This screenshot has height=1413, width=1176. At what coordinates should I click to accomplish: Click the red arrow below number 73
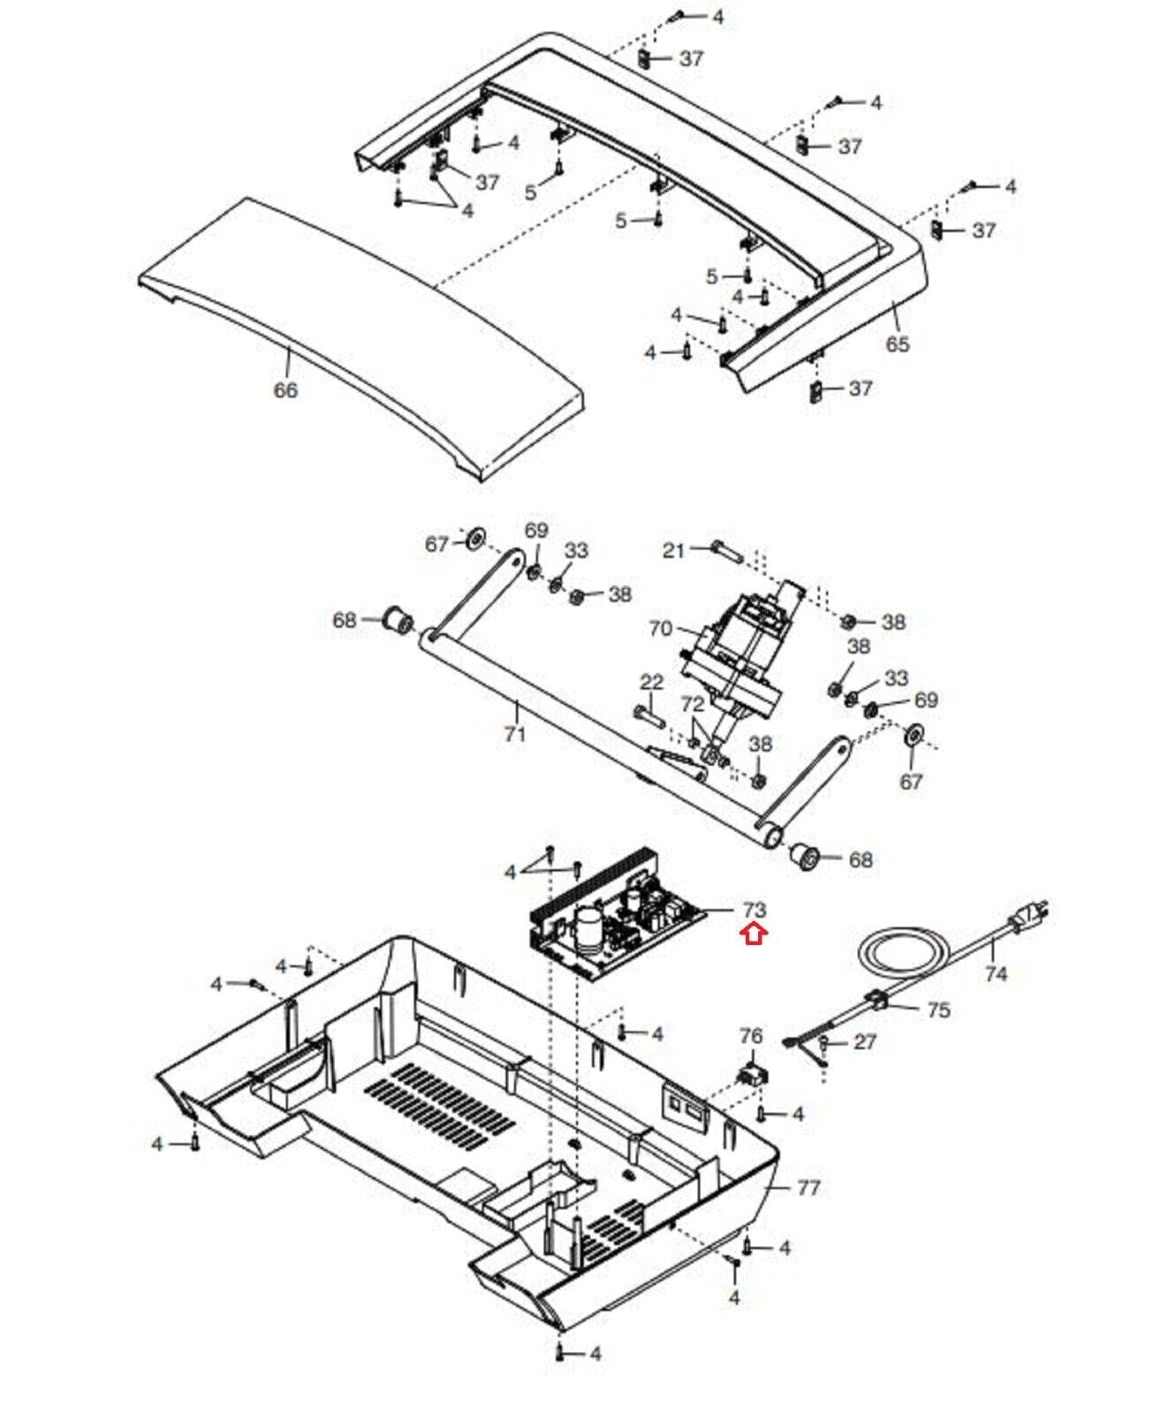point(754,933)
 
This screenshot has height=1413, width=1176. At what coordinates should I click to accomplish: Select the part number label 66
point(285,389)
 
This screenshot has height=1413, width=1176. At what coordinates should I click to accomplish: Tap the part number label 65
point(897,343)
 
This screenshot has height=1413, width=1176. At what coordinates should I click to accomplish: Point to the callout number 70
point(660,629)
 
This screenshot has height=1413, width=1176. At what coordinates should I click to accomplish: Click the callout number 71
point(514,733)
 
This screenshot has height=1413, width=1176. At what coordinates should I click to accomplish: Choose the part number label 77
point(808,1188)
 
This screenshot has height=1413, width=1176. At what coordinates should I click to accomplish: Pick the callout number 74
point(996,974)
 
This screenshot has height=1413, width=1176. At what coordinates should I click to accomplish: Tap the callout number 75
point(938,1009)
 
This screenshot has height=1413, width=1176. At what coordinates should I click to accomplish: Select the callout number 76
point(751,1035)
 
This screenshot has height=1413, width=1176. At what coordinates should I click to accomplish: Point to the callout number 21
point(674,550)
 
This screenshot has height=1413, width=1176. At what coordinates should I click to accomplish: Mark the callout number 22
point(651,682)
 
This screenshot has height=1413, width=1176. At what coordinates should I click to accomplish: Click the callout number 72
point(693,704)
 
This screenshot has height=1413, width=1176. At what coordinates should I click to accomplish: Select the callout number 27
point(864,1042)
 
